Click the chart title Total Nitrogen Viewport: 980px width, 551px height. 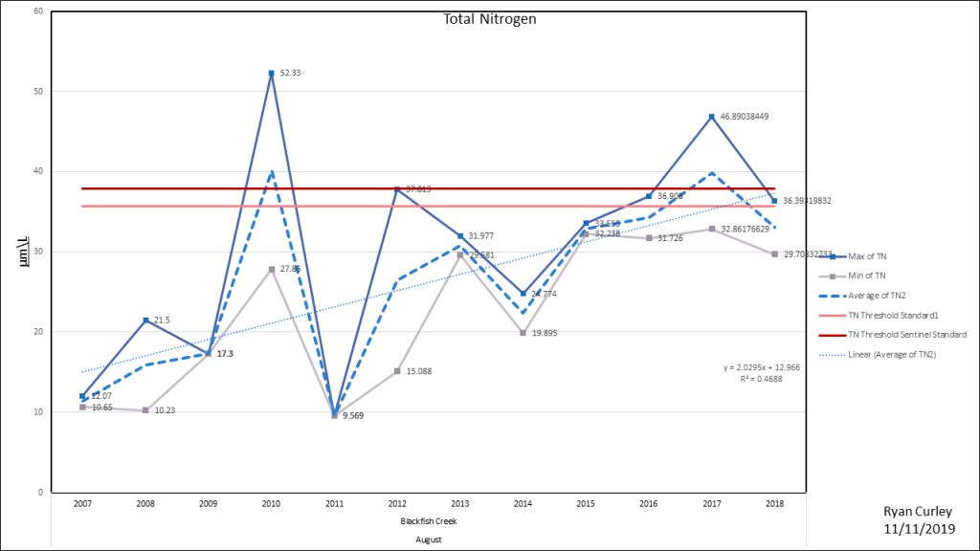point(488,19)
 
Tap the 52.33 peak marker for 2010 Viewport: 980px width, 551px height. point(271,73)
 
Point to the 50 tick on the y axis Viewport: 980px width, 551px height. point(38,92)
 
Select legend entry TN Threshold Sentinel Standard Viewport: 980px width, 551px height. point(904,334)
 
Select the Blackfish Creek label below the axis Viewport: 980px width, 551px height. point(428,522)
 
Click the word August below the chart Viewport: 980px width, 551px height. point(428,539)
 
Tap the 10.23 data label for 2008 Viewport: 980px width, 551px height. point(166,410)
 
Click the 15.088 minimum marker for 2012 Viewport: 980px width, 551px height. point(396,371)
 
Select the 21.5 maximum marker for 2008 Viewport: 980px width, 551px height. point(145,320)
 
